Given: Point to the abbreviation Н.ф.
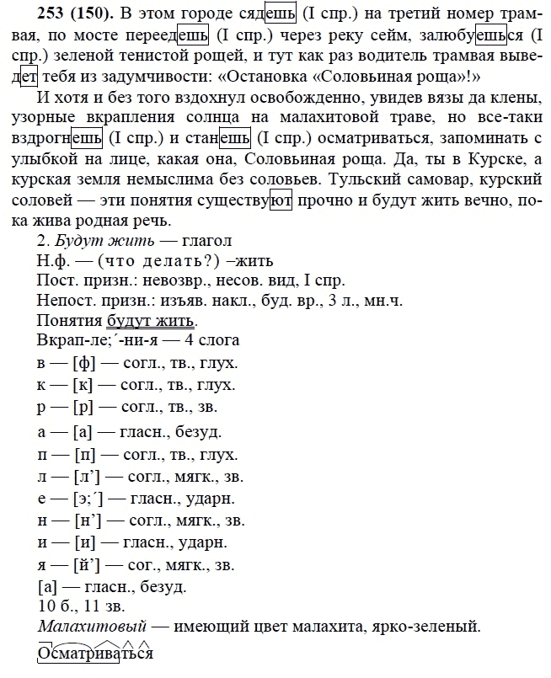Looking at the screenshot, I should tap(54, 260).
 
